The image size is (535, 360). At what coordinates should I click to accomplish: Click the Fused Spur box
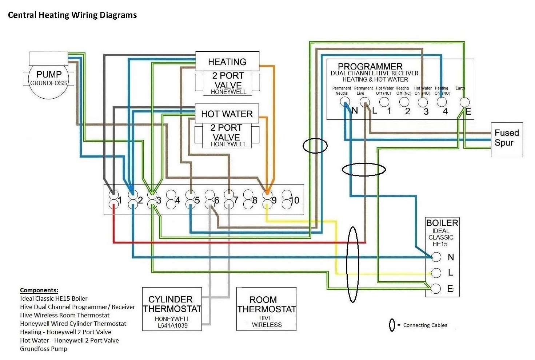pyautogui.click(x=507, y=139)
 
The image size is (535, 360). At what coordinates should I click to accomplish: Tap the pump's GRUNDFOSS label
pyautogui.click(x=48, y=83)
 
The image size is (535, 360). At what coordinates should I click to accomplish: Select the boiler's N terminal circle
pyautogui.click(x=436, y=257)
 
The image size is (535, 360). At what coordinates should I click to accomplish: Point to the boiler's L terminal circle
pyautogui.click(x=436, y=273)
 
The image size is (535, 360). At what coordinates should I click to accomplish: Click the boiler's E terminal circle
pyautogui.click(x=436, y=289)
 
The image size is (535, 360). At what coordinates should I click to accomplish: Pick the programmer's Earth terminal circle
pyautogui.click(x=464, y=102)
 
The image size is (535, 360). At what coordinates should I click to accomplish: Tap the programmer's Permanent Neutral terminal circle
pyautogui.click(x=345, y=102)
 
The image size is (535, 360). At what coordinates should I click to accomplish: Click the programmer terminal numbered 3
pyautogui.click(x=423, y=102)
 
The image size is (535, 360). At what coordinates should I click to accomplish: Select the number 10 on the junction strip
pyautogui.click(x=295, y=200)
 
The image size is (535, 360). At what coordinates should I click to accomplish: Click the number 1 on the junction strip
pyautogui.click(x=120, y=200)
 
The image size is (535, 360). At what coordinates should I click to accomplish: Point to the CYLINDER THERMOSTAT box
pyautogui.click(x=172, y=309)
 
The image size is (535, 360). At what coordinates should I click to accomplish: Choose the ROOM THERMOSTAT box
pyautogui.click(x=266, y=309)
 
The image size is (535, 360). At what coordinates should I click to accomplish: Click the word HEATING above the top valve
pyautogui.click(x=227, y=62)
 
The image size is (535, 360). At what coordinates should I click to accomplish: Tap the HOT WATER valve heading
pyautogui.click(x=227, y=114)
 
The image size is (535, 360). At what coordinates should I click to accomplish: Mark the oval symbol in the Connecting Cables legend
pyautogui.click(x=392, y=325)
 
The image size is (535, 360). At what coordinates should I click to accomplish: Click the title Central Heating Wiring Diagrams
pyautogui.click(x=72, y=15)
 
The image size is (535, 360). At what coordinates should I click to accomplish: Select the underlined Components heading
pyautogui.click(x=39, y=290)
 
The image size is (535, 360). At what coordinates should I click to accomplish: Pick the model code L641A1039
pyautogui.click(x=173, y=325)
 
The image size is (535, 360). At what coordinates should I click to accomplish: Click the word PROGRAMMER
pyautogui.click(x=370, y=67)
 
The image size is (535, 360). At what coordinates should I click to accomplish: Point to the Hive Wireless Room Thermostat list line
pyautogui.click(x=65, y=315)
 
